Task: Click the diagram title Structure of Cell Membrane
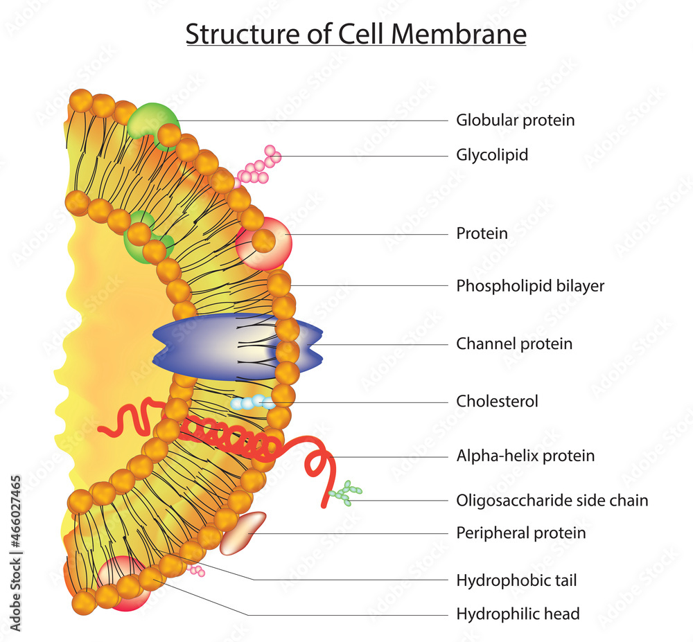coord(356,34)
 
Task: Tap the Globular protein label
coord(515,120)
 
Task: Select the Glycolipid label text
coord(492,154)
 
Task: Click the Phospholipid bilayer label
coord(530,285)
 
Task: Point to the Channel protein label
coord(514,344)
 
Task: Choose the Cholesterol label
coord(497,401)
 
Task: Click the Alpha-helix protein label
coord(525,456)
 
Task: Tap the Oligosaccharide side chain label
coord(552,500)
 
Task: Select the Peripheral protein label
coord(520,533)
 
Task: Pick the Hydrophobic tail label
coord(516,580)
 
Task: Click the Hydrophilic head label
coord(518,614)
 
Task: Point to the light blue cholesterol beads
coord(250,402)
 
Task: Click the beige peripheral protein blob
coord(242,532)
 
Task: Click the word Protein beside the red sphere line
coord(482,233)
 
